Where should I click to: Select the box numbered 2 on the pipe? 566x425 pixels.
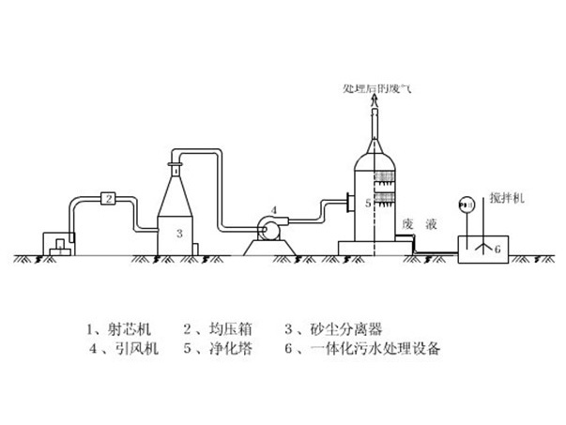point(108,198)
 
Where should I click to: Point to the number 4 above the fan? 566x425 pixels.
point(273,208)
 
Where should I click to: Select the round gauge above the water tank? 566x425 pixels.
point(462,205)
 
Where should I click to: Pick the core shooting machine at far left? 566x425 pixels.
point(58,245)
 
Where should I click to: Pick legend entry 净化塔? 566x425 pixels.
point(218,350)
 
